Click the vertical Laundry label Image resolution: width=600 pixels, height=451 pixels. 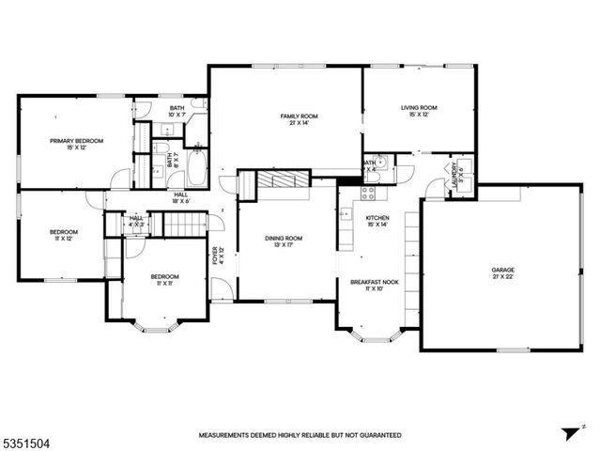[454, 175]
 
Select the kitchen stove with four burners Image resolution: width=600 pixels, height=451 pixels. [369, 194]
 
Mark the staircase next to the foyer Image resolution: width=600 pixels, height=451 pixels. [185, 225]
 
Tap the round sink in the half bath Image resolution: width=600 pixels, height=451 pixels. [380, 160]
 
